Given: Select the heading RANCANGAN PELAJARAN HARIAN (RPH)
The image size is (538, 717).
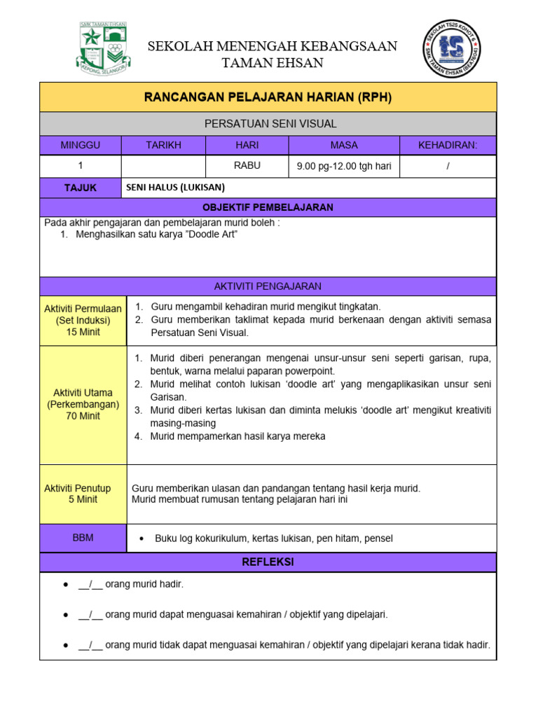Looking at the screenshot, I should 268,97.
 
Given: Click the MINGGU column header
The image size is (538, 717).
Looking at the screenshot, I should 81,145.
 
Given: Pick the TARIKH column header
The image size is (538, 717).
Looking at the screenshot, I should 163,145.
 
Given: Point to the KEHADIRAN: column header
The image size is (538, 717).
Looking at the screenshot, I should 448,145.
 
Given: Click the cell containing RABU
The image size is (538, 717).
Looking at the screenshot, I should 247,166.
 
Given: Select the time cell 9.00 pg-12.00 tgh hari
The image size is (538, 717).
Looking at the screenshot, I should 344,166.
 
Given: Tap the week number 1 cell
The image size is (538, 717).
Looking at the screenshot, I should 81,166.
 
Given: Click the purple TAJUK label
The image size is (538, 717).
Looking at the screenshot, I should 81,188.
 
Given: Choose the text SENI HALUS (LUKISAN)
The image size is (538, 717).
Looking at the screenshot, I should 175,188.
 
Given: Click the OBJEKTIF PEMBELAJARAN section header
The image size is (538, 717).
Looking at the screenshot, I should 268,208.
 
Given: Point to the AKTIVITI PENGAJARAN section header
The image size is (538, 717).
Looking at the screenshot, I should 268,286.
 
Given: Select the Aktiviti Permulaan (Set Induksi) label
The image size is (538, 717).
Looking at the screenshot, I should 83,314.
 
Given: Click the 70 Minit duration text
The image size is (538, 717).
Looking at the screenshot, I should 83,416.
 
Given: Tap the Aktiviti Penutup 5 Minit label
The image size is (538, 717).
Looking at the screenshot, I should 83,494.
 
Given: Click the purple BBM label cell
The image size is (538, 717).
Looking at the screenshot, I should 83,538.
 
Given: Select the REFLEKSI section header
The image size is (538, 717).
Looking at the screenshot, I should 268,562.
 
